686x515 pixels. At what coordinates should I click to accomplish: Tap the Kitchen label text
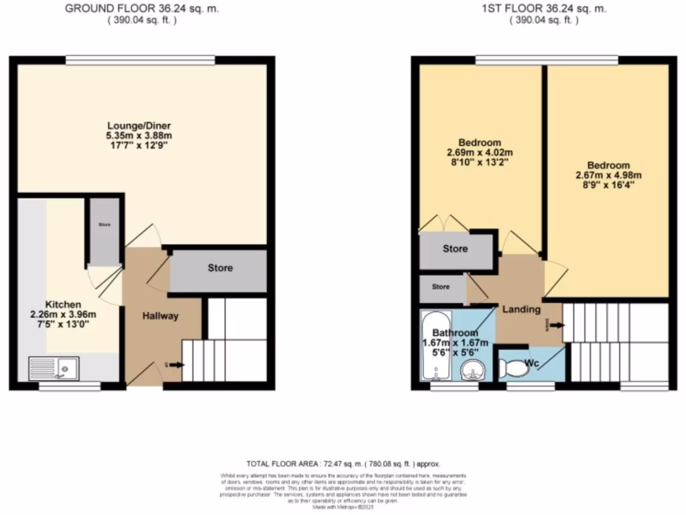(63, 304)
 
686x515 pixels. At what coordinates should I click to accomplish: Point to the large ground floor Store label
(220, 268)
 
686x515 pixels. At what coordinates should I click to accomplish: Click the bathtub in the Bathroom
(430, 349)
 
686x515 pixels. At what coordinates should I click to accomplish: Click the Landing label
(523, 309)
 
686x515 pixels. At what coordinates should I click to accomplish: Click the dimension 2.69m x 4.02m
(480, 153)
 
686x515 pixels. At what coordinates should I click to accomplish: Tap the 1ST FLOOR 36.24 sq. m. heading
(544, 9)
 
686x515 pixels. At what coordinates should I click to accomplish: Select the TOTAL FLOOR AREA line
(342, 464)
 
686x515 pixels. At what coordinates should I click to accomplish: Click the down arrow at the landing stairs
(555, 326)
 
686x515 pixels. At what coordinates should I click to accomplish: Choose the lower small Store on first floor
(441, 287)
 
